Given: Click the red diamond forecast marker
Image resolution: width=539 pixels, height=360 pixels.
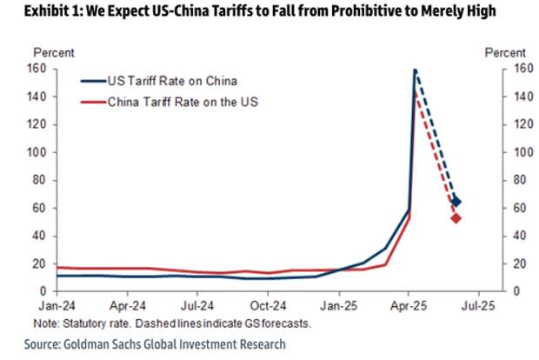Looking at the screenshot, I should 456,217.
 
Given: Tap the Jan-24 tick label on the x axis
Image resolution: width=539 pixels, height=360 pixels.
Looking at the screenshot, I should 57,306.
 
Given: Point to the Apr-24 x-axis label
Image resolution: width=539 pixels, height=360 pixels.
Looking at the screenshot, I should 128,306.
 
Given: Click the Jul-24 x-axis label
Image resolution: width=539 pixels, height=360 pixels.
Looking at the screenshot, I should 197,306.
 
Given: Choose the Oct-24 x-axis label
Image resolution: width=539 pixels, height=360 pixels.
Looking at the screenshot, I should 268,306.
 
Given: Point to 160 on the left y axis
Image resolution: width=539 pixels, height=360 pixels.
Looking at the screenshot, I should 37,69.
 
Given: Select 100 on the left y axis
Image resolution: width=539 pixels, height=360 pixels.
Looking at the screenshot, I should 37,152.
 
